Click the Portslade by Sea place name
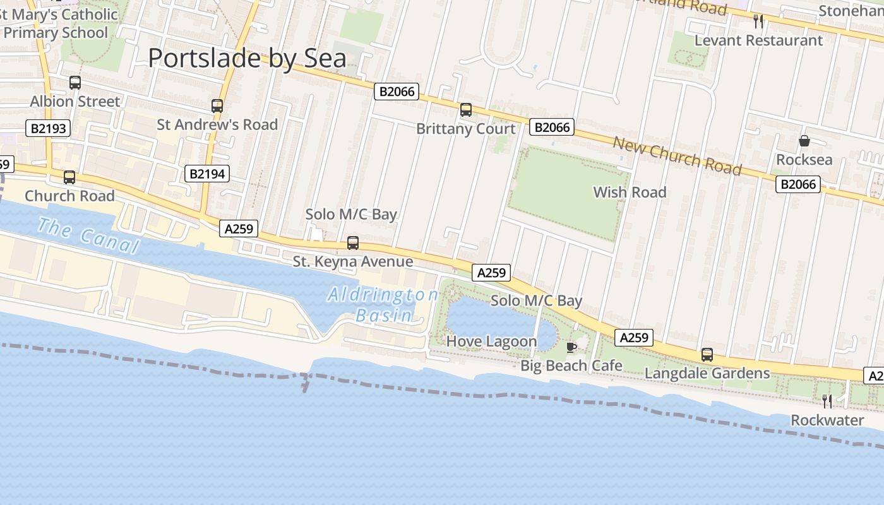pyautogui.click(x=247, y=59)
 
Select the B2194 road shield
pyautogui.click(x=207, y=174)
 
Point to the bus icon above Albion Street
pyautogui.click(x=75, y=83)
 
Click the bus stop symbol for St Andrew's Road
pyautogui.click(x=217, y=106)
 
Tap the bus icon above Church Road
pyautogui.click(x=69, y=177)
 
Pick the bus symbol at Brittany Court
pyautogui.click(x=466, y=110)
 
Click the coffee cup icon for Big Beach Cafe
pyautogui.click(x=571, y=347)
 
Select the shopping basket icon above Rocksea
pyautogui.click(x=804, y=141)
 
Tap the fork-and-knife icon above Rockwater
pyautogui.click(x=827, y=401)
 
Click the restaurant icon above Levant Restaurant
pyautogui.click(x=758, y=21)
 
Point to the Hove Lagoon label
pyautogui.click(x=491, y=342)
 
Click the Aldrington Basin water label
pyautogui.click(x=383, y=305)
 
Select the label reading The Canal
pyautogui.click(x=88, y=235)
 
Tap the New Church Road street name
pyautogui.click(x=677, y=155)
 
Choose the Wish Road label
pyautogui.click(x=630, y=193)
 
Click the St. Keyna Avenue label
pyautogui.click(x=353, y=261)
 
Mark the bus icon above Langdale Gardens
pyautogui.click(x=707, y=355)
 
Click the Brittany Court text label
pyautogui.click(x=466, y=129)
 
